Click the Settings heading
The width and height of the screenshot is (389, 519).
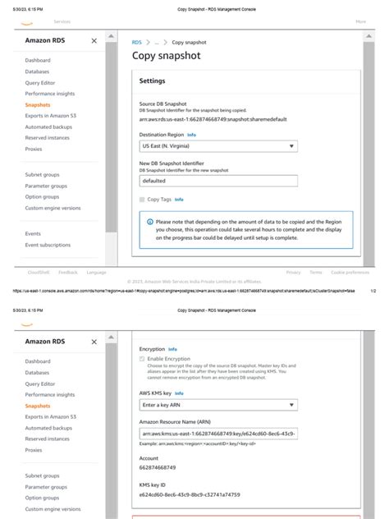pos(153,81)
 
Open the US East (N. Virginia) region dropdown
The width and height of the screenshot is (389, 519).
pos(218,146)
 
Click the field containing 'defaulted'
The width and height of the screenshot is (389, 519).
pos(218,181)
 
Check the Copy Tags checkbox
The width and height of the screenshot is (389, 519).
pos(142,200)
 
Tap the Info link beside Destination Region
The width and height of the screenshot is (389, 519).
pos(191,135)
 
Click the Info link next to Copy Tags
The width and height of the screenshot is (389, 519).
pos(179,200)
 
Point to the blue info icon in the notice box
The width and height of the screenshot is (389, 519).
pos(150,222)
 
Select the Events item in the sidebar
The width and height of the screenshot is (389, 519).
pos(33,234)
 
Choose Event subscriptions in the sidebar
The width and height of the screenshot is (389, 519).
pos(48,245)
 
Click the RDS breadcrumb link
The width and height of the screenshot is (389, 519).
pos(136,41)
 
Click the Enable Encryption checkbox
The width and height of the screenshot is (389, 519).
pos(142,359)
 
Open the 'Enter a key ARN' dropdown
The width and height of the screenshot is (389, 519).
pos(218,405)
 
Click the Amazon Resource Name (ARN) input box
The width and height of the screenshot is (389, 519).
pos(218,434)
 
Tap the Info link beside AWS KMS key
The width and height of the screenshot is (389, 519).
pos(179,393)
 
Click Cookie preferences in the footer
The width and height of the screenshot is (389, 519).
pos(350,272)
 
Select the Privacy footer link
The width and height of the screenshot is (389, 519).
pos(293,272)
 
